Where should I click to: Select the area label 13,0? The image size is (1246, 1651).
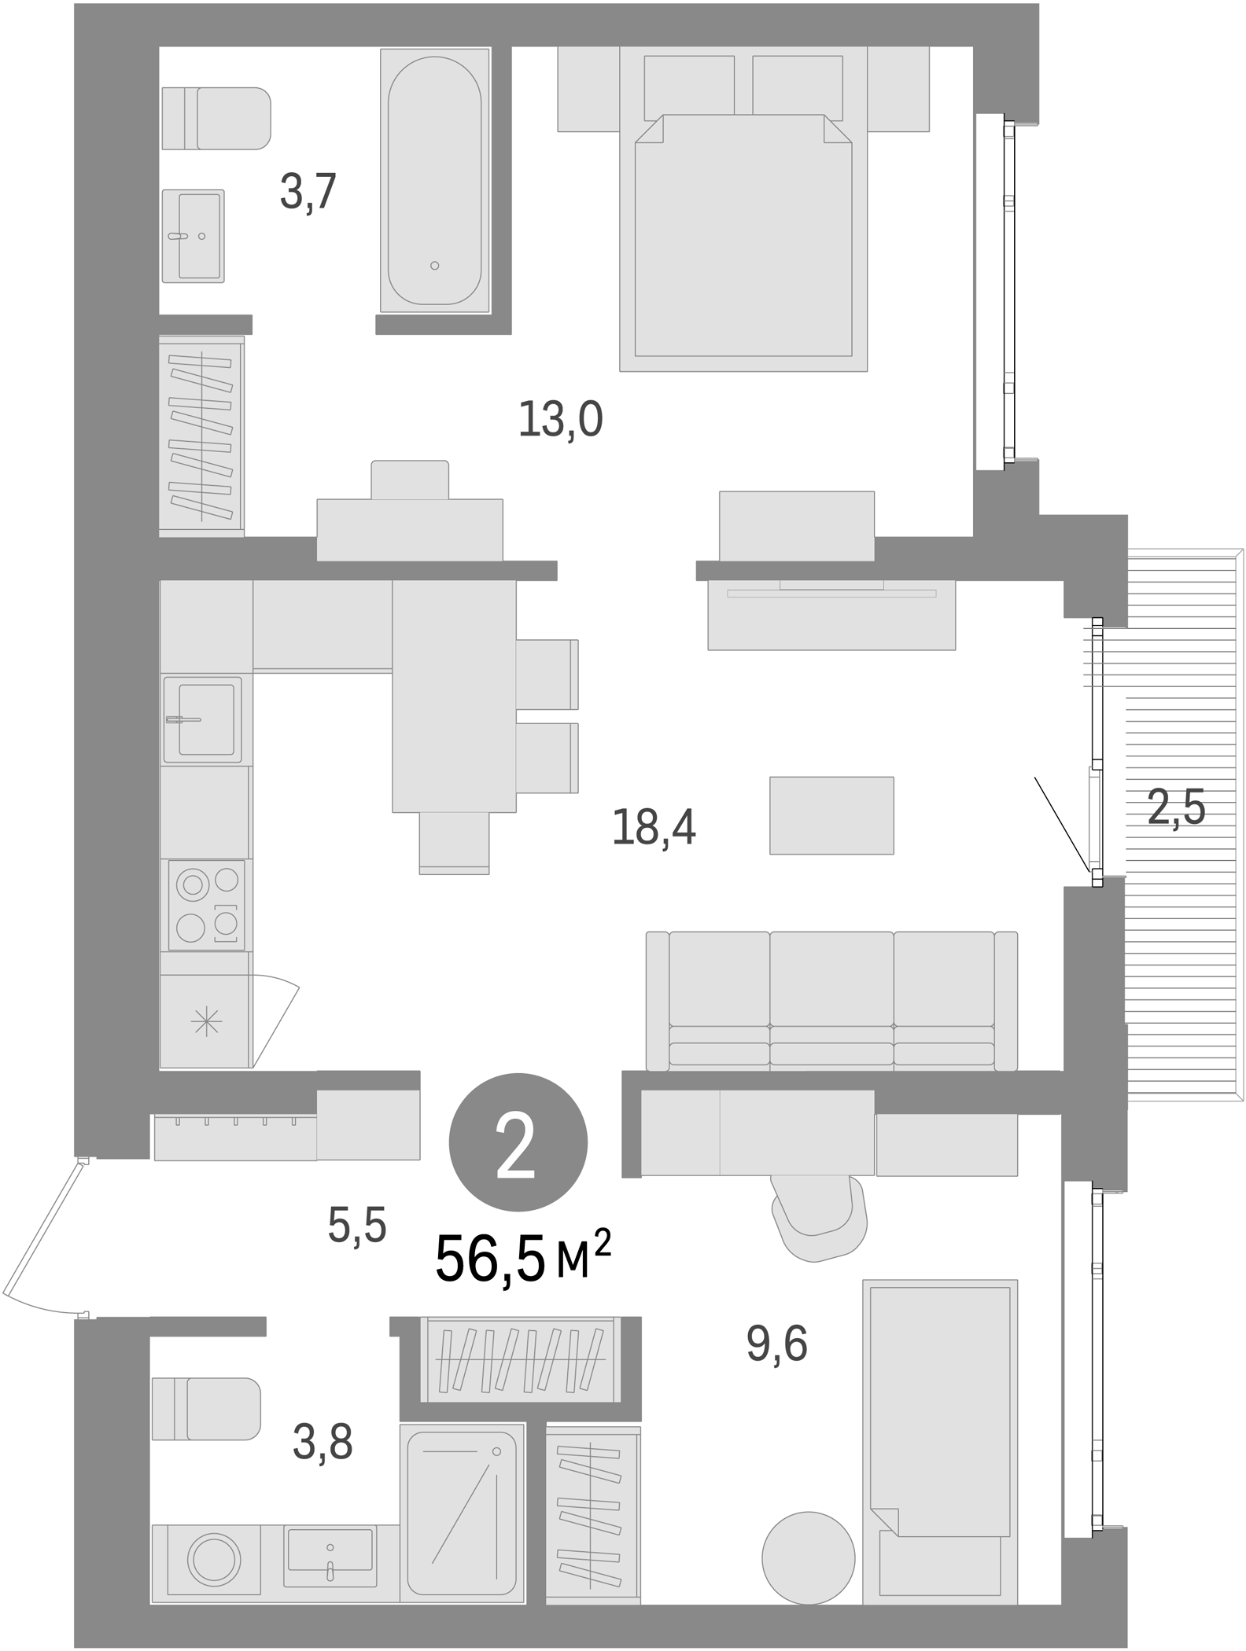tap(560, 420)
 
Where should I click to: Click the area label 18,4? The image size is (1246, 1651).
tap(654, 828)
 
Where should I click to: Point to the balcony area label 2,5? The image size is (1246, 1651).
tap(1175, 807)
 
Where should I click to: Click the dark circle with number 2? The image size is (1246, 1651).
tap(518, 1142)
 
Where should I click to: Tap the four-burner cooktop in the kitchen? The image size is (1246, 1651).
tap(206, 904)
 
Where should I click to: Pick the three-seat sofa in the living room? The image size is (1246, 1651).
tap(831, 1000)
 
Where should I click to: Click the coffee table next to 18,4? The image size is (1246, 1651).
tap(831, 815)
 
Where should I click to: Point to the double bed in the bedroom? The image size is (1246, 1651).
tap(743, 236)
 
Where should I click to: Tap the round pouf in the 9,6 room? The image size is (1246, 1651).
tap(808, 1558)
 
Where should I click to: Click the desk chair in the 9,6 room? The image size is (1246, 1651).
tap(819, 1215)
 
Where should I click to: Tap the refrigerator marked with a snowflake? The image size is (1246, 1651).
tap(205, 1021)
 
